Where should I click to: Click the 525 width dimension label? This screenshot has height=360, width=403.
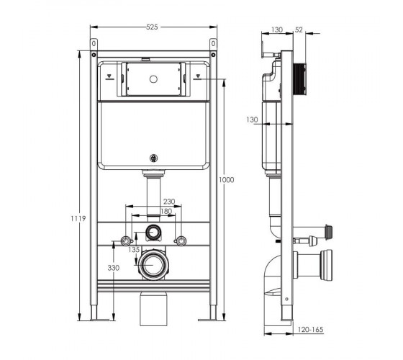[152, 27]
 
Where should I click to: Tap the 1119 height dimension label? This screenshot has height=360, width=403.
[78, 219]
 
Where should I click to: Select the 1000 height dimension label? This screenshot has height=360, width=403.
[227, 180]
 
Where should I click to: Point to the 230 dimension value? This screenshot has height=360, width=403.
[169, 202]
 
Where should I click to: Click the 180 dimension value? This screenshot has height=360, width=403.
[166, 211]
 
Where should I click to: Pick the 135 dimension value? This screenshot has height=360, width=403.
[134, 249]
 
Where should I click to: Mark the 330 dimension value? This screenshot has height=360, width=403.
[114, 268]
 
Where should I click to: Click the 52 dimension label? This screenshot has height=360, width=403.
[299, 30]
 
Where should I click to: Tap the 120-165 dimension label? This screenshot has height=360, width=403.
[310, 330]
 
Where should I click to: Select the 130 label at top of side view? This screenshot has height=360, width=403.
[277, 30]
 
